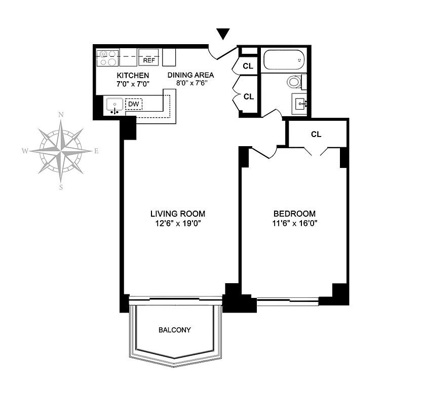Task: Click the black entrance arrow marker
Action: (223, 34)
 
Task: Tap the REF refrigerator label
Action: (149, 60)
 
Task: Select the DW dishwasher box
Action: (134, 104)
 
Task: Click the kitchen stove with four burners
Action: (107, 58)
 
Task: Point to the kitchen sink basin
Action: (115, 105)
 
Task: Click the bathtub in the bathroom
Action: (283, 60)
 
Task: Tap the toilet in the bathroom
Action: (294, 82)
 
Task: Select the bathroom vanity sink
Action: (300, 104)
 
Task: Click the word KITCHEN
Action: (133, 76)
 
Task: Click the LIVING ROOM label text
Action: (177, 214)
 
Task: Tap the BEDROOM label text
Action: (294, 214)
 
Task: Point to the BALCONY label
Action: (175, 330)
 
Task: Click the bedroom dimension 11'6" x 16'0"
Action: (295, 223)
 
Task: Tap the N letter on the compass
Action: (61, 115)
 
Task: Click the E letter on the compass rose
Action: (96, 151)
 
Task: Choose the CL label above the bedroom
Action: (316, 134)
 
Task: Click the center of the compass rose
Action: (61, 151)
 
